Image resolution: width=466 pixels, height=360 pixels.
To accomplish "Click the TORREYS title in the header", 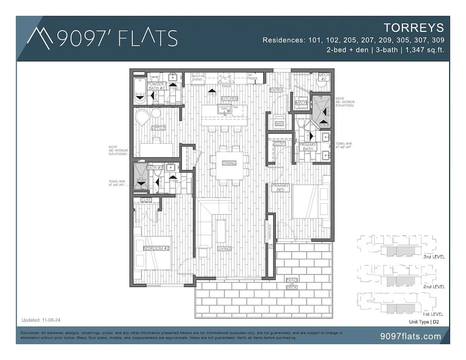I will click(414, 28).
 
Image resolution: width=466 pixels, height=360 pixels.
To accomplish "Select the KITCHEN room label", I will click(229, 99).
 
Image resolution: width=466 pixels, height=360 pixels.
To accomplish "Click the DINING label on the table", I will click(229, 163).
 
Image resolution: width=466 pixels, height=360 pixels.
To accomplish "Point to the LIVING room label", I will click(224, 249).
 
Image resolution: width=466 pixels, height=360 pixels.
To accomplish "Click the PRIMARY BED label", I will click(280, 188).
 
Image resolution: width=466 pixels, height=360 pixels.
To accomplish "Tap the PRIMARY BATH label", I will click(308, 146).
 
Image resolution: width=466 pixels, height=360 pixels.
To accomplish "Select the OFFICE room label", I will click(158, 128).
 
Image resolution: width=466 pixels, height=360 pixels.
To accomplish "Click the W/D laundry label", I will click(279, 123).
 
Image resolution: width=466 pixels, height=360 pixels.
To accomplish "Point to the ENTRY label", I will click(276, 90).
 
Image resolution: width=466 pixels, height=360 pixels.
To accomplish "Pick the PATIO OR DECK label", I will click(292, 283).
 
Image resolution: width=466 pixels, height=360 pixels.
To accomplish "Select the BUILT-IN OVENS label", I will click(197, 78).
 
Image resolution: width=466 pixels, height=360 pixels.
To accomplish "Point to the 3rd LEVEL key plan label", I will click(434, 257).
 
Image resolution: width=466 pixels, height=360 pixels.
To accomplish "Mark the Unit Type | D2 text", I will click(424, 322).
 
